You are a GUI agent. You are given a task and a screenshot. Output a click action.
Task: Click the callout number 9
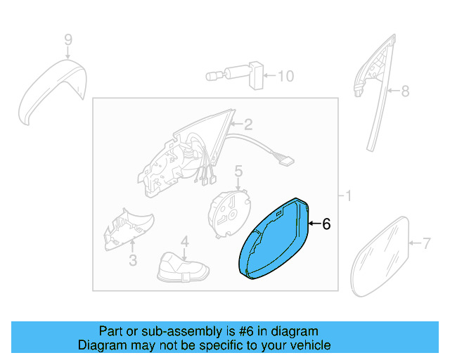pos(68,41)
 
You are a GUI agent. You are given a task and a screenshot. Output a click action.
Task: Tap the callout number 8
pos(404,91)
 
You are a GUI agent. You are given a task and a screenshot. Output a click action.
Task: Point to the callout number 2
pos(247,126)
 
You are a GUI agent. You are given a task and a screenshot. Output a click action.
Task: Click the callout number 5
pos(238,171)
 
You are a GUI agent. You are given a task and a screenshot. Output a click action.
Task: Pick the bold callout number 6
pos(326,225)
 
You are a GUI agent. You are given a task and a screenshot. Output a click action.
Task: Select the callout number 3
pos(132,262)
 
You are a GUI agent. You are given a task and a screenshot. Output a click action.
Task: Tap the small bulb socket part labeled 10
pos(233,75)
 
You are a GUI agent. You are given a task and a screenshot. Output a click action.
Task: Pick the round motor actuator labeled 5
pos(231,209)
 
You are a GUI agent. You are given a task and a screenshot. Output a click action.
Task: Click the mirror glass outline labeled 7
pos(380,257)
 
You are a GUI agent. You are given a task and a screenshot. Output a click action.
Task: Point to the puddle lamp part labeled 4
pos(183,269)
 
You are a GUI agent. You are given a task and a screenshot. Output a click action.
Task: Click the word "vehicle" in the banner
pos(311,345)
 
